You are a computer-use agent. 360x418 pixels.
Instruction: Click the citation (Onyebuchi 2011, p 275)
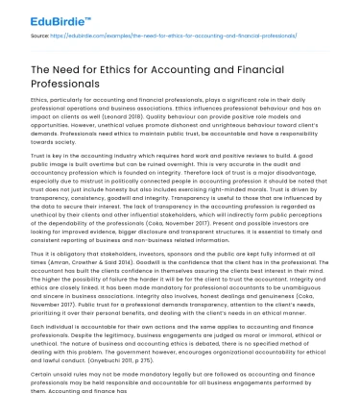click(x=128, y=372)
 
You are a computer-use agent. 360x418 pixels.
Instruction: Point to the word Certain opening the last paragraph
click(x=43, y=388)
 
